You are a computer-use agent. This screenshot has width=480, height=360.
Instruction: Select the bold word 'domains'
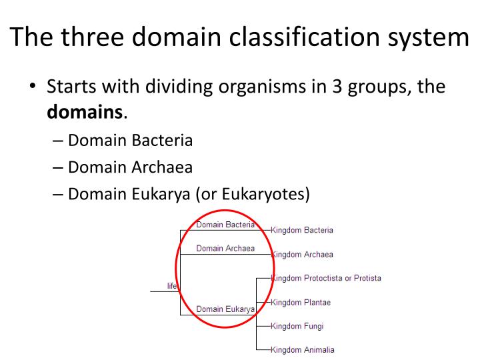(85, 111)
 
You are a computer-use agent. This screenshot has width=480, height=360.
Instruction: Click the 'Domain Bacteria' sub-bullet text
(131, 140)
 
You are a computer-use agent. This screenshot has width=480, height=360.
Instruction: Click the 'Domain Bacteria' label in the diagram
(225, 225)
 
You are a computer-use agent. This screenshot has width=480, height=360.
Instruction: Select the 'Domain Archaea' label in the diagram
(225, 249)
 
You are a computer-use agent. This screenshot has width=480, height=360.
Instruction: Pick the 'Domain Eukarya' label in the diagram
(225, 309)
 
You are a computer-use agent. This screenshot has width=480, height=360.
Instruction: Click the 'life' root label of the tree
(172, 286)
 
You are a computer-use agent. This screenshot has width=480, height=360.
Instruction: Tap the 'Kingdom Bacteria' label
(302, 231)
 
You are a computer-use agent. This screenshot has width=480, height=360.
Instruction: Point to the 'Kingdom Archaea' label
(302, 255)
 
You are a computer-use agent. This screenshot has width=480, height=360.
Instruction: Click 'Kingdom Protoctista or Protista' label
(326, 278)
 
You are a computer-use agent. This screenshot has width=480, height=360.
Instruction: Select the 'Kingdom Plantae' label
(301, 303)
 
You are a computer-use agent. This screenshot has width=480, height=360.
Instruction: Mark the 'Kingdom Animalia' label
(303, 350)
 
